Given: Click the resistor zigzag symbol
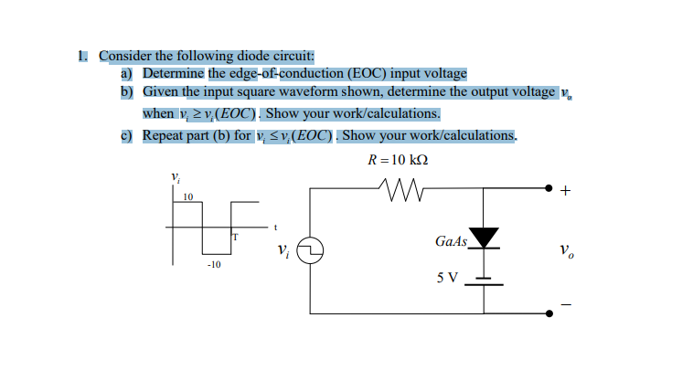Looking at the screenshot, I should [x=396, y=188].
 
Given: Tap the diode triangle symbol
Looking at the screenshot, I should [x=484, y=238].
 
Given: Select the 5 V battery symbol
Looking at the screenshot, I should [x=484, y=280].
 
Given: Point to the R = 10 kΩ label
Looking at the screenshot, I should [x=397, y=158].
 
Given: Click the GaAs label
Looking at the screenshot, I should [x=451, y=241].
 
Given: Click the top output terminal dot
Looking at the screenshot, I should [x=549, y=188].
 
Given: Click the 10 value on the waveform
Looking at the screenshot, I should [x=187, y=196].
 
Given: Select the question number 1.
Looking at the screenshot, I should [x=82, y=56].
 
